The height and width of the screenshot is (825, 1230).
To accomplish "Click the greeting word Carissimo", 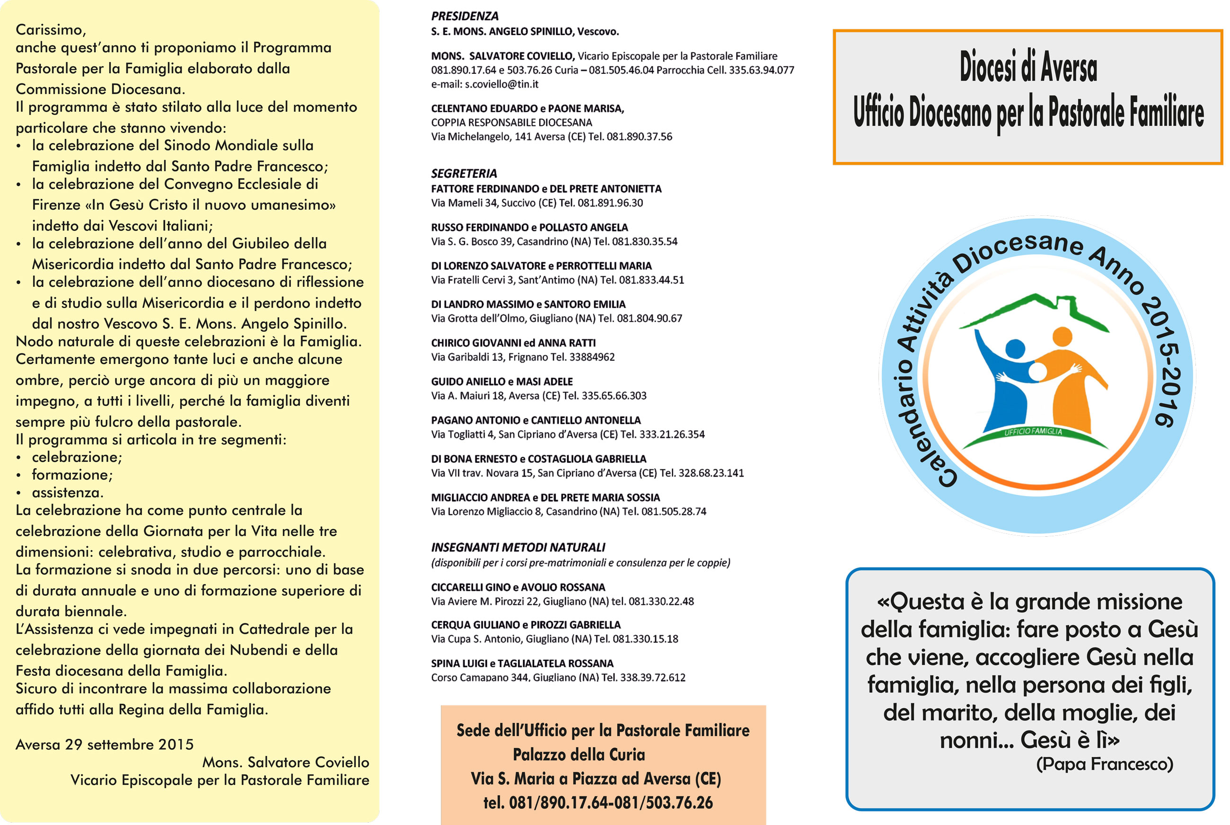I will click(x=51, y=29).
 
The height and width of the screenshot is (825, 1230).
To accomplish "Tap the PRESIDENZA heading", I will click(x=465, y=16).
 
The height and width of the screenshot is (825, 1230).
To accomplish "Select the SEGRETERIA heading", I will click(x=464, y=174).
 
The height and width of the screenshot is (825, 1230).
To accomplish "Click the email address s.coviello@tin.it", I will click(x=501, y=84).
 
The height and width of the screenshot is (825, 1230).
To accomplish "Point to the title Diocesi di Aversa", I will click(x=1028, y=67).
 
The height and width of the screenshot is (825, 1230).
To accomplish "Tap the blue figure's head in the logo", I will click(x=1014, y=348).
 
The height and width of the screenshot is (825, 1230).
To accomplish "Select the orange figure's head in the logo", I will click(x=1062, y=336).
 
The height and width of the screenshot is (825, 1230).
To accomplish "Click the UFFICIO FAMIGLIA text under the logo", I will click(x=1033, y=432).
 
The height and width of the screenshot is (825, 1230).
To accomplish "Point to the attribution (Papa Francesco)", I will click(x=1104, y=764).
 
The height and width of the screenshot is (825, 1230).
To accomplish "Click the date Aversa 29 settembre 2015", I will click(x=105, y=745).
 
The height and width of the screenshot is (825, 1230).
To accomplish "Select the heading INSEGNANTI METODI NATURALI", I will click(x=518, y=548).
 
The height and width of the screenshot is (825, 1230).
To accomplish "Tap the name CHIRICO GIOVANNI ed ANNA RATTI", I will click(x=513, y=343).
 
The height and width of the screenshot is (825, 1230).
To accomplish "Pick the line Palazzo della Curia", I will click(x=579, y=755).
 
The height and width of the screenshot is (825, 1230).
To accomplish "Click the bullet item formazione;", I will click(x=72, y=475).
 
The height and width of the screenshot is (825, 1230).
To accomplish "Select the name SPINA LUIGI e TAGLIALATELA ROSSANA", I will click(x=522, y=664).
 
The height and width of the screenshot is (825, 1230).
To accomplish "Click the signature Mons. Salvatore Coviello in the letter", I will click(x=286, y=763).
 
